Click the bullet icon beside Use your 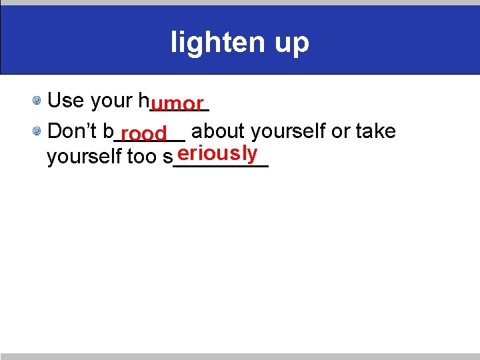point(39,101)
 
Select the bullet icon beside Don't point(39,131)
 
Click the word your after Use point(111,101)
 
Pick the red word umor point(177,104)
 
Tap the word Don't point(73,131)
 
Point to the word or point(341,132)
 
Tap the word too point(141,157)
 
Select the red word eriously point(217,153)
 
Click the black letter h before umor point(143,101)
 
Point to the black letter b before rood point(109,131)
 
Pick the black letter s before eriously point(167,158)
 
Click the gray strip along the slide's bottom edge point(240,357)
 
